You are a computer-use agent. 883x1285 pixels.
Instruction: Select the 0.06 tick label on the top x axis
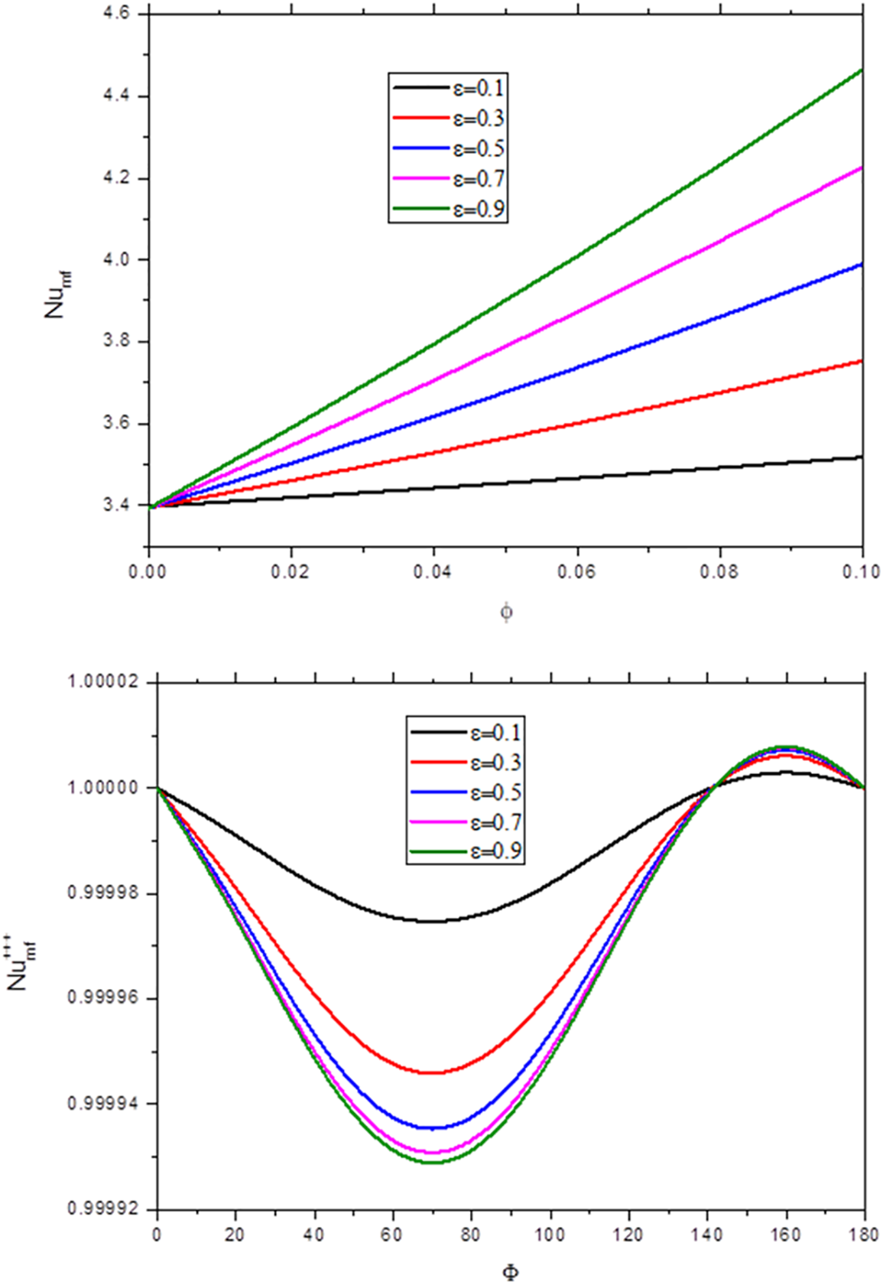(577, 571)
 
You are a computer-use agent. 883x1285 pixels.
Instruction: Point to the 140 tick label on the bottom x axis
(707, 1234)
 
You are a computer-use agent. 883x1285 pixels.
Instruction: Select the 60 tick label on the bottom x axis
(393, 1234)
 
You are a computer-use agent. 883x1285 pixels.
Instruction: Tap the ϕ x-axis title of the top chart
(506, 613)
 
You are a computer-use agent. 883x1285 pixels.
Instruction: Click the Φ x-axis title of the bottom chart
(511, 1272)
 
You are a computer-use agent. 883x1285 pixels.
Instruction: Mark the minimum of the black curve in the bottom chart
(433, 921)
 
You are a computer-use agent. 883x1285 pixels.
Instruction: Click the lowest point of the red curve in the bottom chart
(433, 1072)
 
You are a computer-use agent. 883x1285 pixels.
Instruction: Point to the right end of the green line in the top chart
(862, 70)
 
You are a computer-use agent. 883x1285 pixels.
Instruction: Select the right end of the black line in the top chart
(862, 457)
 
